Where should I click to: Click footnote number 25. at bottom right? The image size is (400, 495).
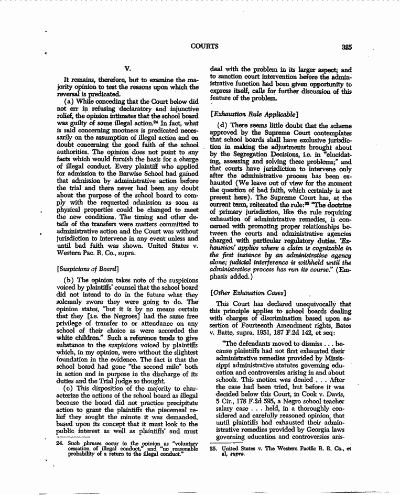coord(213,449)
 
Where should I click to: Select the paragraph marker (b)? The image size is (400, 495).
coord(71,280)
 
